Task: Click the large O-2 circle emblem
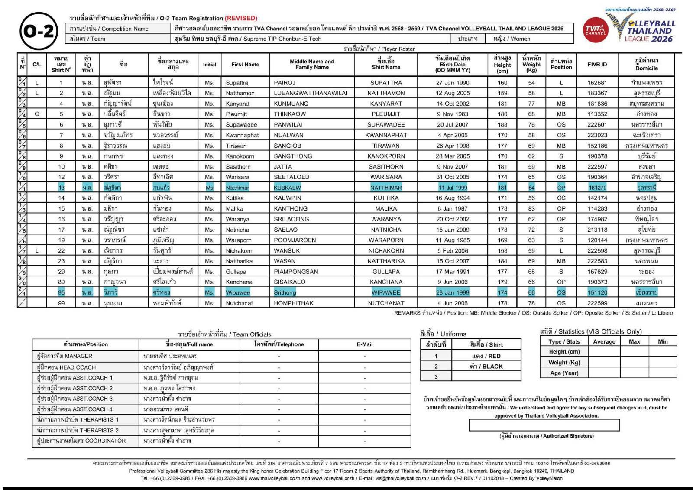(x=39, y=31)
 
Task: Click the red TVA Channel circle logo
(x=595, y=30)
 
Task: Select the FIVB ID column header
(x=597, y=65)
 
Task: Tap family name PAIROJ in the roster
(x=285, y=83)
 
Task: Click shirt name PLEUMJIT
(x=386, y=114)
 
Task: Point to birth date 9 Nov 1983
(x=453, y=114)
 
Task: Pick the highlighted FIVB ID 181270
(x=597, y=188)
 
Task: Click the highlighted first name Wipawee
(x=238, y=292)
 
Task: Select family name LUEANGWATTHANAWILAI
(x=311, y=93)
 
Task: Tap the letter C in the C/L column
(x=37, y=114)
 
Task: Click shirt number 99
(x=62, y=303)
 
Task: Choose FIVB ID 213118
(x=597, y=230)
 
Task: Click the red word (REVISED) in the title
(x=241, y=18)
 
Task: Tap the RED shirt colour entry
(x=486, y=356)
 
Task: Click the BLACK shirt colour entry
(x=486, y=367)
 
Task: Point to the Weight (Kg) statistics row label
(x=564, y=362)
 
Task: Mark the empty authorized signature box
(x=544, y=425)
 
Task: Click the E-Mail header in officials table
(x=364, y=344)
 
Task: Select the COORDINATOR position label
(x=81, y=441)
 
